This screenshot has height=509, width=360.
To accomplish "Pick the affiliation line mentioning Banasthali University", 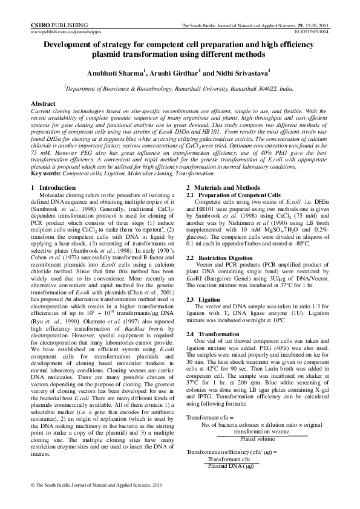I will pyautogui.click(x=179, y=88).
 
